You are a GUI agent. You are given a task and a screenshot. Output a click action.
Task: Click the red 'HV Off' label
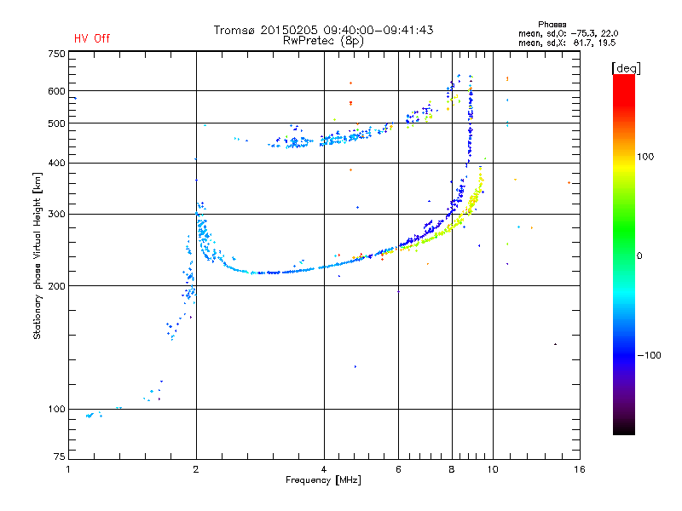[x=91, y=38]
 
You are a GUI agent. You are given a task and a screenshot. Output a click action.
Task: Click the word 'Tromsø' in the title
[x=235, y=30]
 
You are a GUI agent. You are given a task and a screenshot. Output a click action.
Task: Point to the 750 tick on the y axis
[x=56, y=54]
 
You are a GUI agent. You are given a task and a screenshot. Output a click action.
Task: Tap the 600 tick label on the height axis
[x=56, y=91]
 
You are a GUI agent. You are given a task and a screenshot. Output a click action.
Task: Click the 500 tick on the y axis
[x=56, y=123]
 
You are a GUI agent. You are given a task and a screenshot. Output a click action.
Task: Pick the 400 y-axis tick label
[x=56, y=163]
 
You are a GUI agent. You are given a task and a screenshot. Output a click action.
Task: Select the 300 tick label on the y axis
[x=56, y=214]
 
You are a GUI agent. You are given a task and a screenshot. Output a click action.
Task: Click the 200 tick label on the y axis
[x=56, y=285]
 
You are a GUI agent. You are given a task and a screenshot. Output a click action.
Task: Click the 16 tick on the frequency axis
[x=579, y=469]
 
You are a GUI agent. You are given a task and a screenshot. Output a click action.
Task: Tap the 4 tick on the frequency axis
[x=324, y=469]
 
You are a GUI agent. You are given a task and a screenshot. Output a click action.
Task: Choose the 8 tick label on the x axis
[x=451, y=469]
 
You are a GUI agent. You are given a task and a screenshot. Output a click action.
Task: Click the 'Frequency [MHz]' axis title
[x=323, y=482]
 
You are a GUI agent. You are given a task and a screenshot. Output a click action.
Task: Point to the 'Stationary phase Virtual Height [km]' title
[x=38, y=255]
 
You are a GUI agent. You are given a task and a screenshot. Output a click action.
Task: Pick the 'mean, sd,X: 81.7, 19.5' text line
[x=567, y=42]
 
